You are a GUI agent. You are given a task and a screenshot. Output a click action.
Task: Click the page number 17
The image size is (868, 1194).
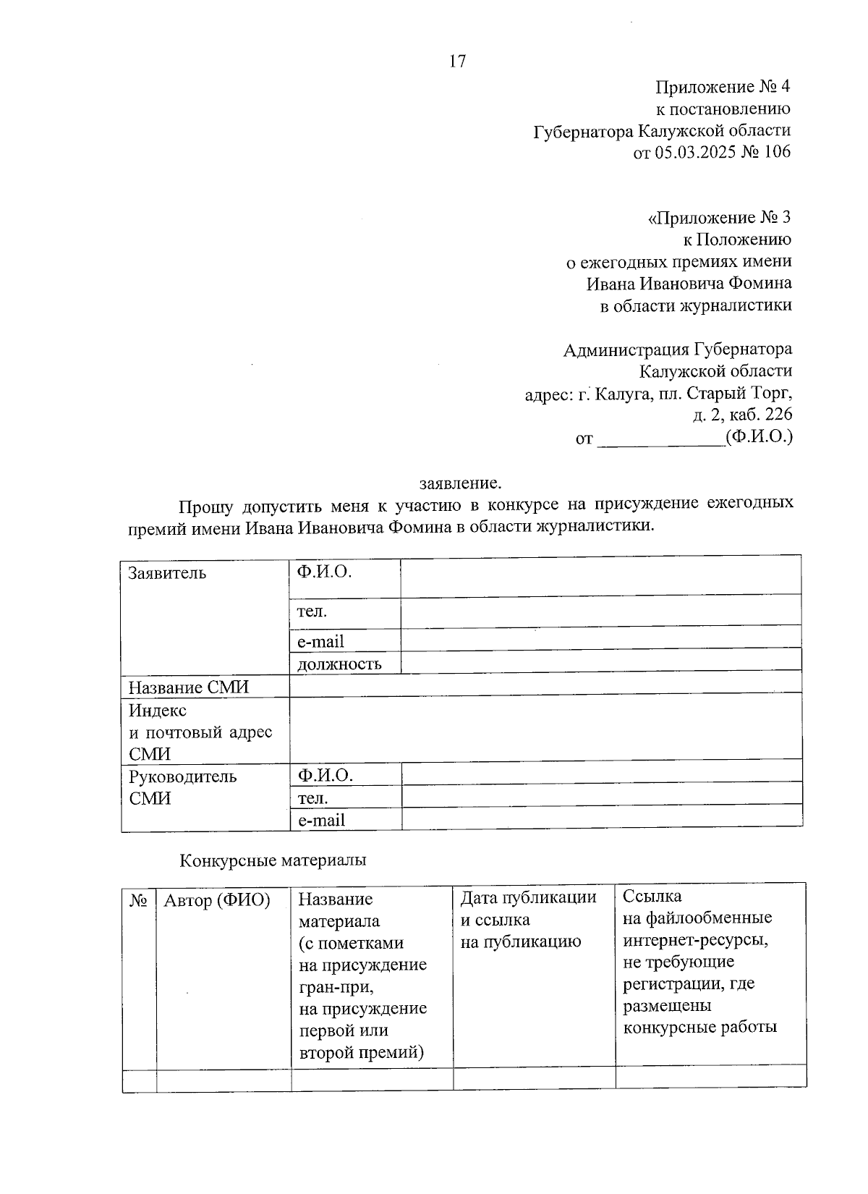[458, 61]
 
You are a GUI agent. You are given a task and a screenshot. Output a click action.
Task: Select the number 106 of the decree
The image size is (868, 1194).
[776, 152]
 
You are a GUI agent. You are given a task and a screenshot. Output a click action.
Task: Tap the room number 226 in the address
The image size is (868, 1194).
[778, 415]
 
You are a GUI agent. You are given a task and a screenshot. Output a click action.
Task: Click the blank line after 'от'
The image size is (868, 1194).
[660, 438]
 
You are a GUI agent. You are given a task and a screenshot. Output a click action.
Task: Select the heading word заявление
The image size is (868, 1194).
[460, 483]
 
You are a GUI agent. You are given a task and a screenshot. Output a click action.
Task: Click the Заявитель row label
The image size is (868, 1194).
[167, 573]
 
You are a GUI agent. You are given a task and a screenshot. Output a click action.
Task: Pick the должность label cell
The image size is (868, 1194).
[339, 664]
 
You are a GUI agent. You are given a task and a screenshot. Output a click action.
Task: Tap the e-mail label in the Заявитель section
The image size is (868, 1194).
[320, 642]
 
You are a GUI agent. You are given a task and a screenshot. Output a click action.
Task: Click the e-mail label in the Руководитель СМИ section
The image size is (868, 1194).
[322, 821]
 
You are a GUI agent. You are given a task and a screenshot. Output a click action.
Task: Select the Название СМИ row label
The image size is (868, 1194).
[188, 687]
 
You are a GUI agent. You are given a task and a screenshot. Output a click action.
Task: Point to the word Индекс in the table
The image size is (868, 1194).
[158, 711]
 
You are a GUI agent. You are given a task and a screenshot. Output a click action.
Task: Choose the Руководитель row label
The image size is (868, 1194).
[182, 777]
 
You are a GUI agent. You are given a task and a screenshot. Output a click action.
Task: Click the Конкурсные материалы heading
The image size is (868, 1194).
[273, 860]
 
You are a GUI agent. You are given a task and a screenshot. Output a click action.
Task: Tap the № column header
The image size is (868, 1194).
[139, 900]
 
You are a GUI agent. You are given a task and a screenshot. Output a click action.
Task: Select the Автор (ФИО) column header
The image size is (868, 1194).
[217, 901]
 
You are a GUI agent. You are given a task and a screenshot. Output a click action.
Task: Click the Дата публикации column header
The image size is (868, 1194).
[529, 898]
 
